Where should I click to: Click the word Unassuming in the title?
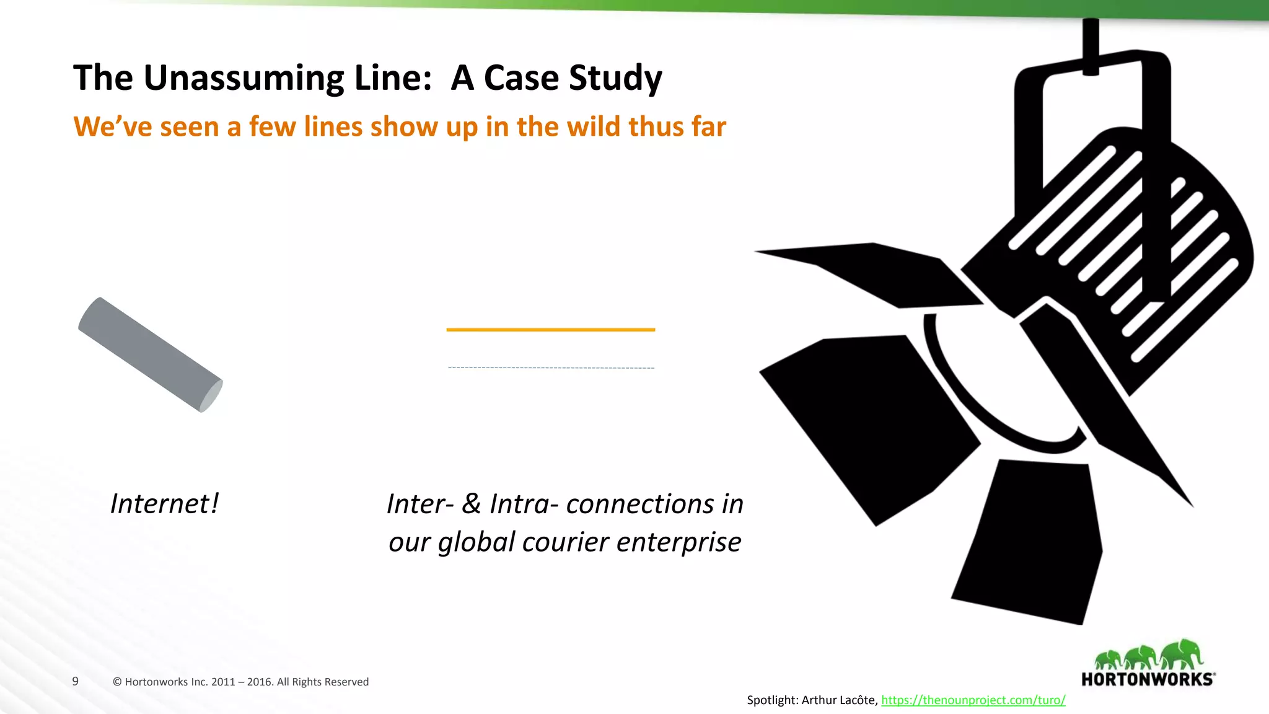242,79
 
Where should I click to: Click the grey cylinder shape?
150,355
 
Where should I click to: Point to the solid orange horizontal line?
550,330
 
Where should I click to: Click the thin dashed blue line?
550,368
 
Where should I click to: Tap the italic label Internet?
164,504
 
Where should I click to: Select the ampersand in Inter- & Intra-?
471,504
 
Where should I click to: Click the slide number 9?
76,681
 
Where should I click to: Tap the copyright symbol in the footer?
117,682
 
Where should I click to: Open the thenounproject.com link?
973,700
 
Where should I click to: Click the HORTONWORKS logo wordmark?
1148,679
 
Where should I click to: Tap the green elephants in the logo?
1148,656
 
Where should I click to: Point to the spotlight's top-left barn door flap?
874,273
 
